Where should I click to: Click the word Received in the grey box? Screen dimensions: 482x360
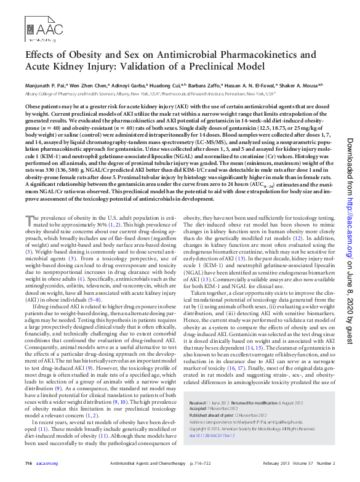coord(199,401)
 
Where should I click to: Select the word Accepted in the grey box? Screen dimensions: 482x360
coord(198,408)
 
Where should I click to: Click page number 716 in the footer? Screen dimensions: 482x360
coord(28,463)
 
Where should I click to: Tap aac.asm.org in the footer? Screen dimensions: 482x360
coord(47,463)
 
